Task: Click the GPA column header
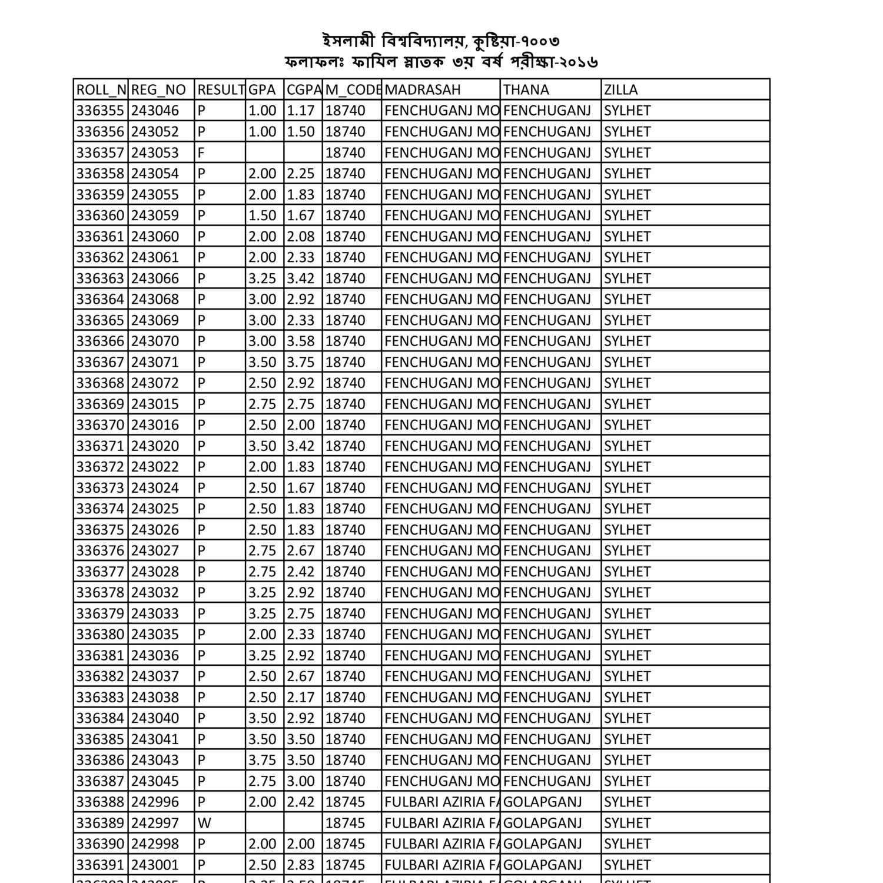point(262,89)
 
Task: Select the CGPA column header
point(303,89)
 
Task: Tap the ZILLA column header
point(621,89)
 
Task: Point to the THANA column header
point(526,89)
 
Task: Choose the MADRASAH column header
point(423,89)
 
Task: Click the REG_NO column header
point(158,89)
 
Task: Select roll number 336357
point(100,152)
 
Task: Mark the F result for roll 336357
point(201,152)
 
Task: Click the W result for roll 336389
point(204,823)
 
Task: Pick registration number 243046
point(155,111)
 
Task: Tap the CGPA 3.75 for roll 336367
point(301,362)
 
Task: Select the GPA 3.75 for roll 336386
point(262,760)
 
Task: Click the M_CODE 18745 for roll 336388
point(345,802)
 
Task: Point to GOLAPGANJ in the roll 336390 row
point(543,844)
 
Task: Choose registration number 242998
point(155,844)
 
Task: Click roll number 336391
point(100,865)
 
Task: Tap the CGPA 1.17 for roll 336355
point(301,111)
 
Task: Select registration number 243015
point(155,404)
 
